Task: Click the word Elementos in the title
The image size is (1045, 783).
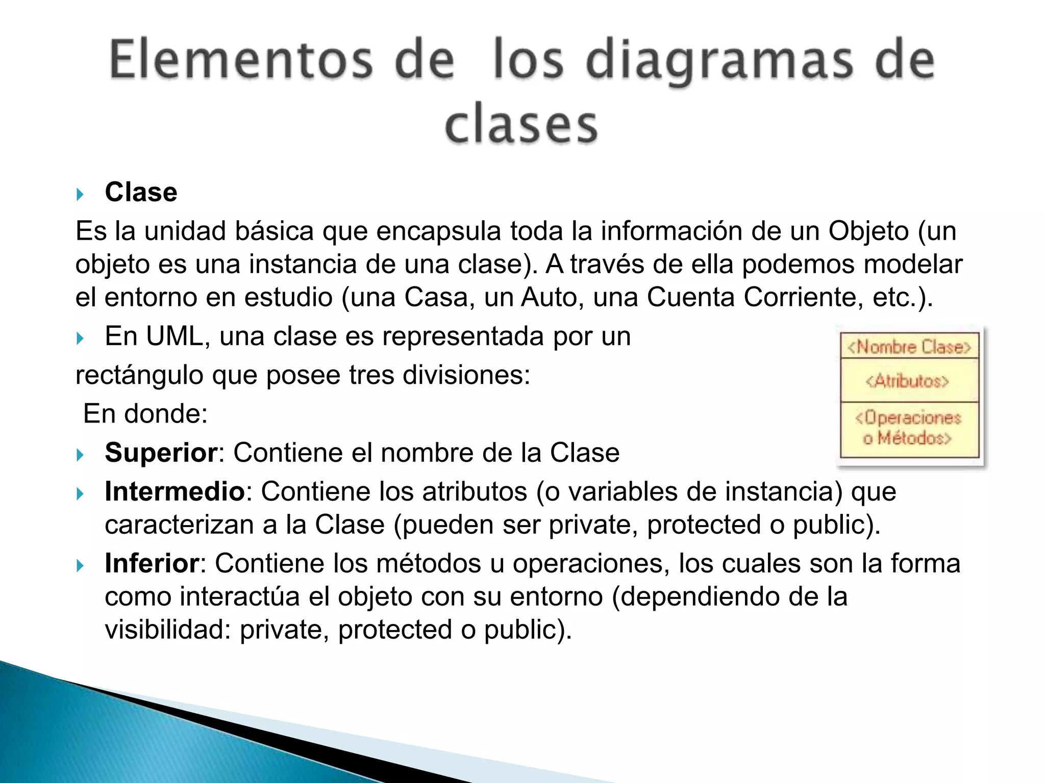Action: (241, 61)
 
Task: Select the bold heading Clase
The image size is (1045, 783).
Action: (141, 193)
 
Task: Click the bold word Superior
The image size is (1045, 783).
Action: (161, 453)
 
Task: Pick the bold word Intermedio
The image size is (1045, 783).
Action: (175, 492)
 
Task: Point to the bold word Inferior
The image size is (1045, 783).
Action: (152, 564)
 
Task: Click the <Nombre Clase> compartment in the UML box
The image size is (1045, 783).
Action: (909, 347)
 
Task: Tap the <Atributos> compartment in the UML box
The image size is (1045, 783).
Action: (909, 381)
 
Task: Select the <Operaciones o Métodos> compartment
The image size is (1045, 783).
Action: (909, 428)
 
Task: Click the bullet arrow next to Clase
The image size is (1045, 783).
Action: (80, 194)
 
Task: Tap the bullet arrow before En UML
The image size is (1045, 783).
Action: (80, 338)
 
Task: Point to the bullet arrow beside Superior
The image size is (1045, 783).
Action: (80, 454)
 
